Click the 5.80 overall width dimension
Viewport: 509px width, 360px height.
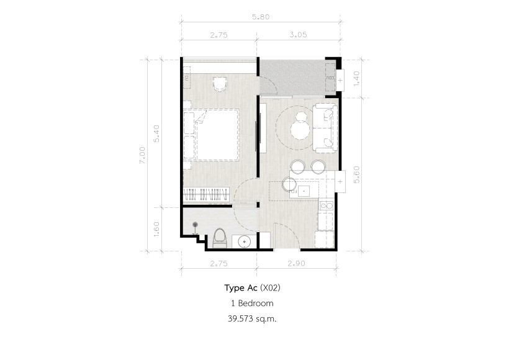tap(261, 17)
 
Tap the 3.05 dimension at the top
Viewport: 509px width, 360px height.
tap(298, 34)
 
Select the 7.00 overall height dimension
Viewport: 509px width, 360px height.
tap(142, 155)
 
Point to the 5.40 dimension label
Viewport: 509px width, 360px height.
tap(156, 133)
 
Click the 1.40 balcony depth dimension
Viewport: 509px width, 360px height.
tap(356, 78)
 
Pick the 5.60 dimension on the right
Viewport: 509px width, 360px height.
tap(356, 174)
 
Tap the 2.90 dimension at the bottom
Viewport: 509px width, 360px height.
tap(296, 263)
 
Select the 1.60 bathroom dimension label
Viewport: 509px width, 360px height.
tap(156, 229)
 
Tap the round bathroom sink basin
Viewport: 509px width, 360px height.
tap(244, 241)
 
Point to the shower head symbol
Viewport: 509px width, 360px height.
tap(195, 224)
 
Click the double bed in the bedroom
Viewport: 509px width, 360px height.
tap(211, 135)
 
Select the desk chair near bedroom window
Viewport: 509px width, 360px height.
tap(220, 84)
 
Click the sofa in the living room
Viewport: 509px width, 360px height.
tap(325, 128)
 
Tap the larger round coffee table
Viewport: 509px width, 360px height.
tap(300, 130)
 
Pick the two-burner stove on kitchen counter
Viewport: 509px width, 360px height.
tap(326, 205)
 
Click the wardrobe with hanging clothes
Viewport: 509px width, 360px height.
tap(207, 195)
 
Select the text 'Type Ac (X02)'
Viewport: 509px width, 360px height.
tap(252, 287)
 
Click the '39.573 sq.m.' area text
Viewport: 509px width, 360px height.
tap(252, 319)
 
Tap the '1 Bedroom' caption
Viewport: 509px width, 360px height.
tap(252, 303)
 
